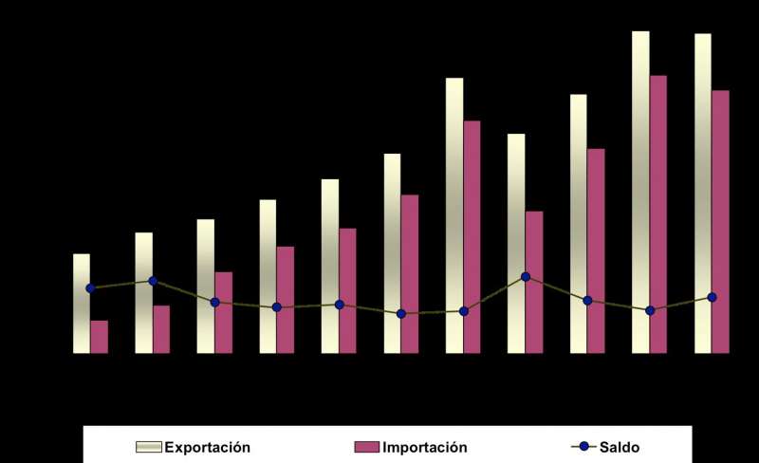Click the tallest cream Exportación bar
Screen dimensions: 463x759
coord(641,190)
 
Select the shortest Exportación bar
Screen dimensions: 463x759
coord(82,304)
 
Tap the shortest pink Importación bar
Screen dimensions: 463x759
coord(100,337)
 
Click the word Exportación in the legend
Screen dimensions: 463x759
coord(208,446)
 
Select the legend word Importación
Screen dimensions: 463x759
coord(424,446)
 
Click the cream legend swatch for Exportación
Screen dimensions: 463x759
coord(150,447)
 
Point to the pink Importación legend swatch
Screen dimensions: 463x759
coord(367,447)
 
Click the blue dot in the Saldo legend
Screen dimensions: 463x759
coord(584,447)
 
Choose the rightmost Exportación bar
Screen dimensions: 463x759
coord(703,190)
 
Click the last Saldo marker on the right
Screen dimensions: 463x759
coord(713,297)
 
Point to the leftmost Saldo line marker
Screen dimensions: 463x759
coord(91,287)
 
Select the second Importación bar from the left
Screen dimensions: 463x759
coord(161,329)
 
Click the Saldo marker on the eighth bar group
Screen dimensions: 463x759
coord(526,277)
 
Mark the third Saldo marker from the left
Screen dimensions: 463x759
coord(215,302)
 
